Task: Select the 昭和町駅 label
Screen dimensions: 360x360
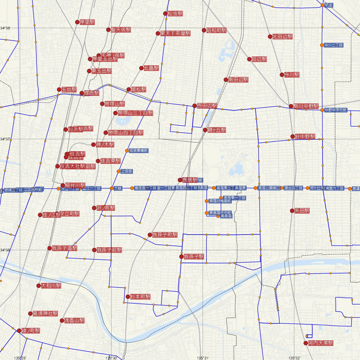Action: coord(216,30)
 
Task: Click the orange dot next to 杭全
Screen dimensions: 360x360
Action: coord(322,5)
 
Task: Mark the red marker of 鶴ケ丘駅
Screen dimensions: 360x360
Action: coord(205,130)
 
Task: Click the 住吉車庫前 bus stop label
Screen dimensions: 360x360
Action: coord(139,150)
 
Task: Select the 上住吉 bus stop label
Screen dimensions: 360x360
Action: coord(126,171)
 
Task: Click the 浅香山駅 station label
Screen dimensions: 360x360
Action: coord(75,320)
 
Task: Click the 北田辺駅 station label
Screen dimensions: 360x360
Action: coord(282,37)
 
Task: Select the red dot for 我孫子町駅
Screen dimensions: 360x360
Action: coord(150,235)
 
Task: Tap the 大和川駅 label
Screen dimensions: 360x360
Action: coord(51,286)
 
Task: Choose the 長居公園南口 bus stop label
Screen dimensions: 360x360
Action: coord(268,188)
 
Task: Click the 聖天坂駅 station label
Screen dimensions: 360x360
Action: coord(121,30)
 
